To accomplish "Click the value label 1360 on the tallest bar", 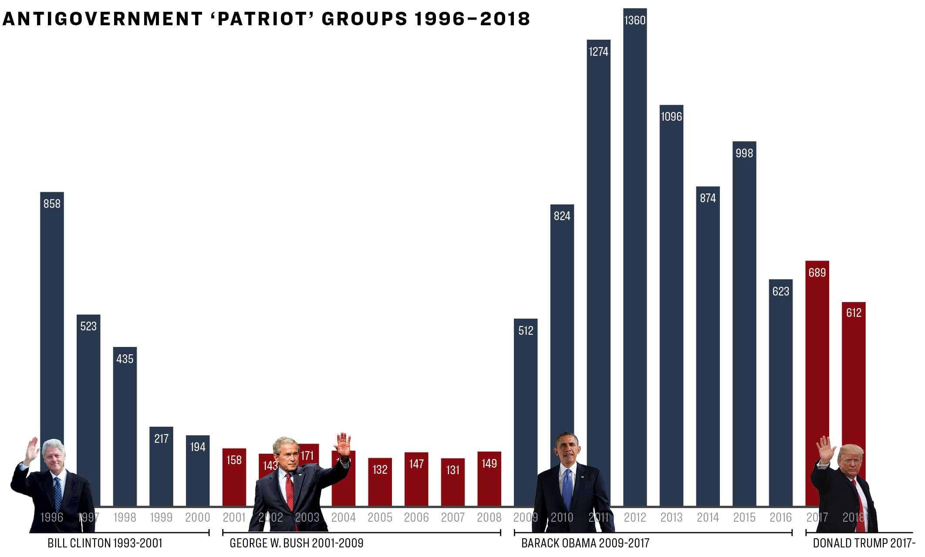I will [x=635, y=20].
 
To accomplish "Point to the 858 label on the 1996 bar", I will [x=52, y=204].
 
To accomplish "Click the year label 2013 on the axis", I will [x=671, y=517].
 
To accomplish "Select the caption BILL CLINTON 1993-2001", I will [x=105, y=543].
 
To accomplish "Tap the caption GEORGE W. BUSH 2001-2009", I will [x=296, y=543].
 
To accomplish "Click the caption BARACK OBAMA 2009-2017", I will [x=585, y=543].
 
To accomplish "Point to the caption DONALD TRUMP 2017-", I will [x=864, y=543].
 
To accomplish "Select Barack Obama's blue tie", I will [x=567, y=488].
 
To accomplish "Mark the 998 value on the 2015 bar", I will [x=744, y=153].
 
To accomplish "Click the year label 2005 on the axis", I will [x=380, y=517].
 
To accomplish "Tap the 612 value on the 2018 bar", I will [x=853, y=312].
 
